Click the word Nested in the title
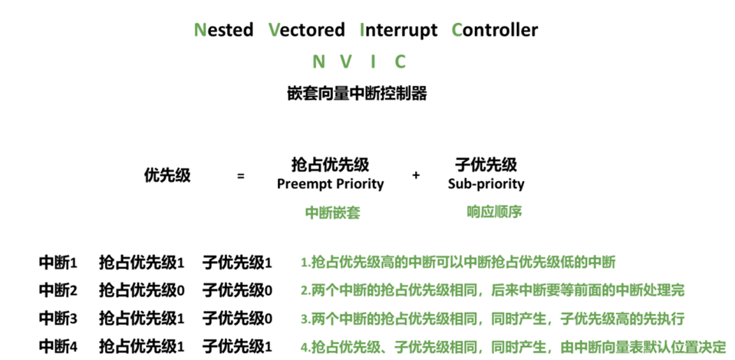tap(223, 30)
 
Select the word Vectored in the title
tap(307, 30)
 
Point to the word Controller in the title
tap(495, 30)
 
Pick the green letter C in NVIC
tap(400, 61)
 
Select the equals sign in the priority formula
tap(240, 176)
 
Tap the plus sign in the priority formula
tap(416, 176)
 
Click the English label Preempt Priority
tap(330, 184)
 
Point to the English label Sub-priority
tap(486, 184)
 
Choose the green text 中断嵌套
tap(332, 213)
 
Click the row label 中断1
tap(58, 263)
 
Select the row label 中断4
tap(58, 347)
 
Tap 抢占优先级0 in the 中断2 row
tap(142, 290)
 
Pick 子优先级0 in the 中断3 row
tap(237, 319)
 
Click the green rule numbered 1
tap(458, 263)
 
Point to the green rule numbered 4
tap(513, 347)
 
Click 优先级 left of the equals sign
tap(167, 175)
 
